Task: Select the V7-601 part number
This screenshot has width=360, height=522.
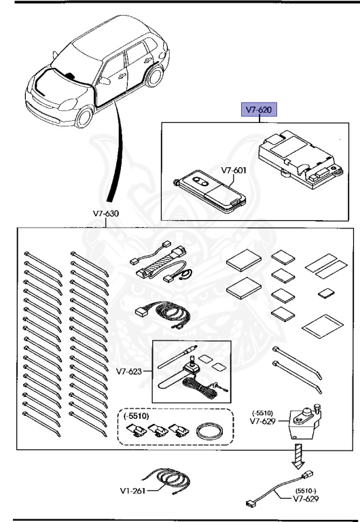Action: pyautogui.click(x=234, y=171)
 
